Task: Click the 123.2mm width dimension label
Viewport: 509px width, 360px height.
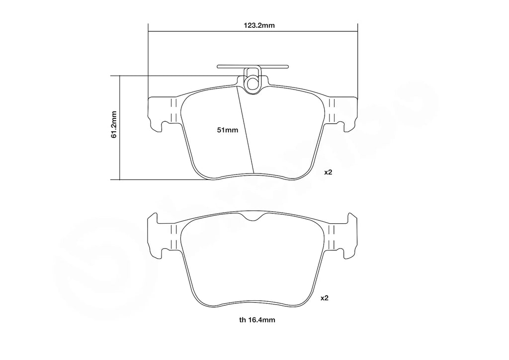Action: [253, 25]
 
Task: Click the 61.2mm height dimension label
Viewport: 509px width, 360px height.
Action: [114, 124]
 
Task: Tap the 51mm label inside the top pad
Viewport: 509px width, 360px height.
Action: [228, 130]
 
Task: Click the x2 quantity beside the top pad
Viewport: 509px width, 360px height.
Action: [328, 172]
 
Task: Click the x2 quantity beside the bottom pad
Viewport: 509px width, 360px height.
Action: [324, 298]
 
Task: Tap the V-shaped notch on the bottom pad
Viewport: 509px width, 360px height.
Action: [253, 217]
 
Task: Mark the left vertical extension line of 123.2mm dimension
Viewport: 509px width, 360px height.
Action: [148, 60]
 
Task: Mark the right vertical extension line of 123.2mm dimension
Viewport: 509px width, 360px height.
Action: [357, 60]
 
